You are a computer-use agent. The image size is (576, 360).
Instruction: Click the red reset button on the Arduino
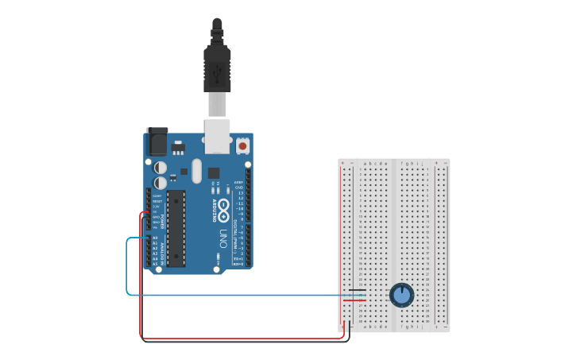[x=242, y=146]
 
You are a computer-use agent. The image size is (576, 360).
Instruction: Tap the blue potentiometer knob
[x=402, y=296]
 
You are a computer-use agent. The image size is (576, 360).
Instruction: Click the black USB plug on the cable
[x=216, y=68]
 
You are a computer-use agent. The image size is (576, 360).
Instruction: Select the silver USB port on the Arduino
[x=217, y=136]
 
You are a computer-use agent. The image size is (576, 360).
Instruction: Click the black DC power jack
[x=157, y=141]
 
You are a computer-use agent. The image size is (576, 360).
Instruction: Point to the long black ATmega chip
[x=176, y=228]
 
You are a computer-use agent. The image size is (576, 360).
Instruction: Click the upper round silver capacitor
[x=160, y=168]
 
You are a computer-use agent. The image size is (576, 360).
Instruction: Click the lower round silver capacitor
[x=160, y=183]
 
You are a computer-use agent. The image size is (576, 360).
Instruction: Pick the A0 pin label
[x=155, y=238]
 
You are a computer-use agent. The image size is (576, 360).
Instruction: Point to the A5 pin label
[x=155, y=263]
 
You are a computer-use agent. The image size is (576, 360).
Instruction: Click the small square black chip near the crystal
[x=214, y=172]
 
